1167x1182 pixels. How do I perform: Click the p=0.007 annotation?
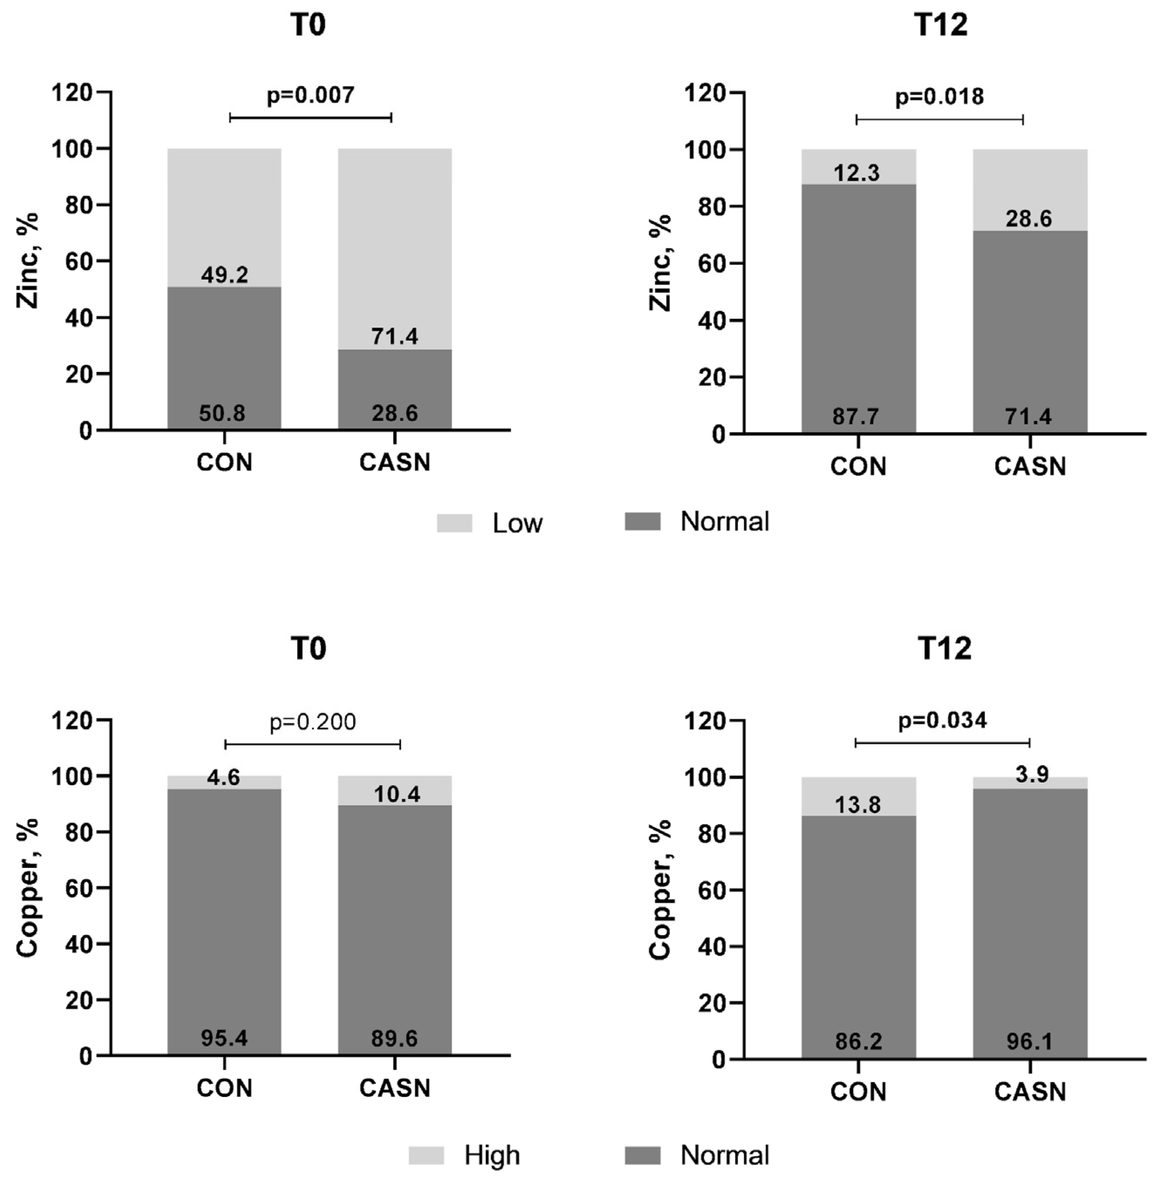tap(310, 96)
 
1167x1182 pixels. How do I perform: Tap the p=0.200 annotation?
tap(313, 722)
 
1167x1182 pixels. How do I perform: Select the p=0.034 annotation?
tap(942, 721)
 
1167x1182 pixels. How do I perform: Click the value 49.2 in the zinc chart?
tap(225, 275)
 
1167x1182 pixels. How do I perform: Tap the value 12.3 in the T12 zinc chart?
tap(857, 173)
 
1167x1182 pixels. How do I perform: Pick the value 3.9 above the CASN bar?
tap(1032, 775)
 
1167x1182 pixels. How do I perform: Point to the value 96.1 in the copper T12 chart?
tap(1030, 1041)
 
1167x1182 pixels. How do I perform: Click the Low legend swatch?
tap(454, 523)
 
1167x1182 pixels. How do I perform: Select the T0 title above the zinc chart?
tap(308, 25)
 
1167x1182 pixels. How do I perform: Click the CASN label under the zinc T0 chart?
tap(395, 462)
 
